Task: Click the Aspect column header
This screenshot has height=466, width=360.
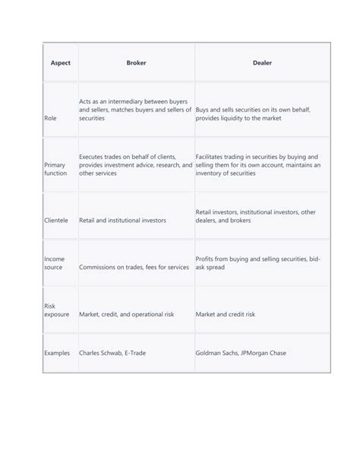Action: click(x=60, y=63)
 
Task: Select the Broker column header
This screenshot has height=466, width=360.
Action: click(x=136, y=63)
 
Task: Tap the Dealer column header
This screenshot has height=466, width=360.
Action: click(x=262, y=63)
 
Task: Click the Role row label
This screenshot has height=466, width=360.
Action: click(x=52, y=118)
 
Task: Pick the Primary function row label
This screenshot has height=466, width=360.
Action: click(x=55, y=169)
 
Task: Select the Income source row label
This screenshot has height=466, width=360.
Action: click(x=54, y=264)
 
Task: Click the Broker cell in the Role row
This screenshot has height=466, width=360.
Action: click(x=135, y=109)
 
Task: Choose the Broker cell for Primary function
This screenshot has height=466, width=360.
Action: click(x=135, y=164)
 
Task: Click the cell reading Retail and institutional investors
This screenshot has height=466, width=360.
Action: click(x=122, y=220)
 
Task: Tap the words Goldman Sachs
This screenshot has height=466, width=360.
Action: click(x=218, y=353)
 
